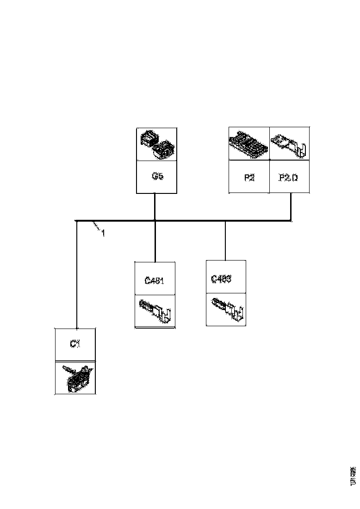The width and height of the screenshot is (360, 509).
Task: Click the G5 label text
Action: pos(156,177)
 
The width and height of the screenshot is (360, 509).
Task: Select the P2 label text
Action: pos(249,177)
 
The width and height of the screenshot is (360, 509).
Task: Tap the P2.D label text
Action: pos(290,177)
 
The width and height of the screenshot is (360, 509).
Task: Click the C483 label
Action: pos(221,279)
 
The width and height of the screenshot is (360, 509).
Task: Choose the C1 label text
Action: pos(75,344)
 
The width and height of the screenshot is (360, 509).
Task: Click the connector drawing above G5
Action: pos(156,144)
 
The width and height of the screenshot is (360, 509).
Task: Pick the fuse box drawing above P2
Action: pos(249,144)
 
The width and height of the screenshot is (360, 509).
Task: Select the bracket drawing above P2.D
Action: pos(290,144)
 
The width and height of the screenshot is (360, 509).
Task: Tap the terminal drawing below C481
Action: pos(155,311)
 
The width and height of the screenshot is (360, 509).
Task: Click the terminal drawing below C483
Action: pos(226,309)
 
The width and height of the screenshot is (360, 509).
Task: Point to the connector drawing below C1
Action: pos(75,378)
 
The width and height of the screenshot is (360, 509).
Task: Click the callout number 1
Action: pos(103,234)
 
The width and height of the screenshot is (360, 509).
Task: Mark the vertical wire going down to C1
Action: pos(76,278)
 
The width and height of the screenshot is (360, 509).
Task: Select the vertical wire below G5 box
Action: pos(154,206)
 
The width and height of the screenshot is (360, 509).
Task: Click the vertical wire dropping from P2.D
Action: pos(291,206)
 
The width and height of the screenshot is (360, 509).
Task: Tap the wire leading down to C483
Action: pos(225,241)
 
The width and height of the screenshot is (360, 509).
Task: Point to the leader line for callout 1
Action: pos(96,226)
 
